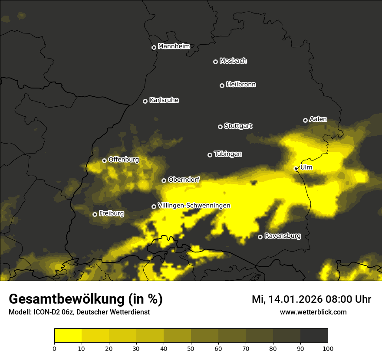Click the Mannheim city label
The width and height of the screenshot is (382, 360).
coord(174,46)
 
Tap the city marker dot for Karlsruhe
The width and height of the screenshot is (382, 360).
coord(145,101)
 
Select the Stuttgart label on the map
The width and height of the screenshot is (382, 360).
coord(238,126)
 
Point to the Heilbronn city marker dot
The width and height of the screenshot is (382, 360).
coord(222,85)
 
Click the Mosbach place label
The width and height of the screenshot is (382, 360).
coord(233,61)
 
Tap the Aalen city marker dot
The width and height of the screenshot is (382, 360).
coord(305,120)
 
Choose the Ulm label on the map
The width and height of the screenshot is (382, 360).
coord(306,167)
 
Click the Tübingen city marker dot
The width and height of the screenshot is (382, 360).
coord(210,155)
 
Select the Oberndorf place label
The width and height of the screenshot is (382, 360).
coord(184,180)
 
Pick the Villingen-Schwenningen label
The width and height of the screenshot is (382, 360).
coord(194,206)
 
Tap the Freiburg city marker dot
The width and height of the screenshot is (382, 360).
coord(95,214)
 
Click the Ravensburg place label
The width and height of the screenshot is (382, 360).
coord(283,236)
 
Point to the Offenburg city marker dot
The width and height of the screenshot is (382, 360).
coord(104,160)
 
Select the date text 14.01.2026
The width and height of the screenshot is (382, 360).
coord(293,299)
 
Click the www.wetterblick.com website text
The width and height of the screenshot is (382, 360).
coord(313,312)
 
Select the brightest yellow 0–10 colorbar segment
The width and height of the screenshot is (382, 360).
coord(68,335)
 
